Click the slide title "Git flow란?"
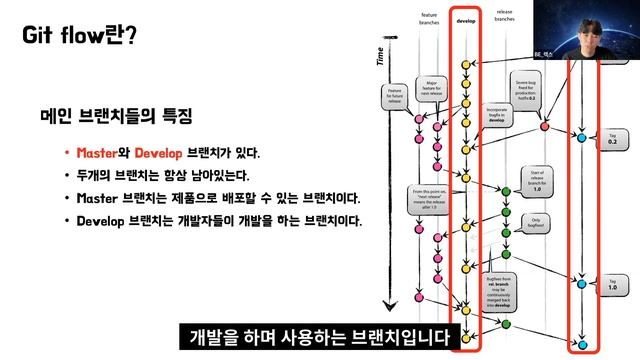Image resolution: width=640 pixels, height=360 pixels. click(x=80, y=36)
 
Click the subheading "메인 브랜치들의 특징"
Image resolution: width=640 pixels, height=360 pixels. click(x=115, y=116)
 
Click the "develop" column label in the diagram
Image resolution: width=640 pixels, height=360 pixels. click(x=465, y=19)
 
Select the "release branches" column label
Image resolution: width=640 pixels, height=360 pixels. click(x=504, y=16)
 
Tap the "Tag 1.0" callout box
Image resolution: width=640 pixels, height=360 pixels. click(x=612, y=285)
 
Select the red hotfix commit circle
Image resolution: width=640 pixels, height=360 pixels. click(x=544, y=126)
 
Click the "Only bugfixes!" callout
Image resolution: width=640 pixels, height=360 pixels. click(x=536, y=221)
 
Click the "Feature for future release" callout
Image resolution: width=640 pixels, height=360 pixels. click(x=395, y=97)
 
